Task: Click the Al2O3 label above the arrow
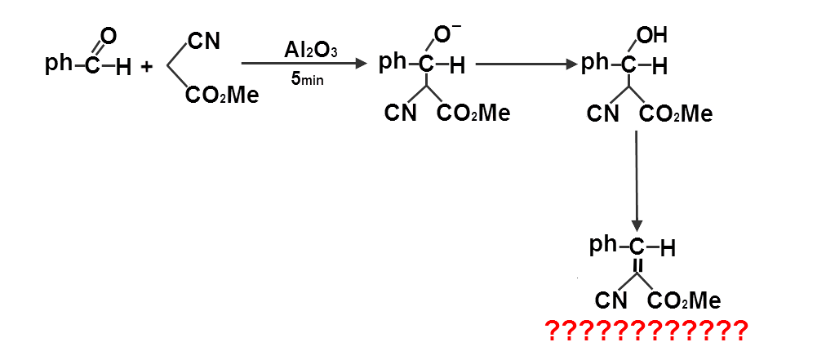(x=310, y=50)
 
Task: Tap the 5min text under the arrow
(x=309, y=82)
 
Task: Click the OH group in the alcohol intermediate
(x=651, y=35)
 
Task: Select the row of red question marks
(x=646, y=331)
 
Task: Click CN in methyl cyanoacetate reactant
(x=203, y=41)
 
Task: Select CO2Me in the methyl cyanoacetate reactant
(x=222, y=96)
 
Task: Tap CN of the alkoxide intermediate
(x=401, y=113)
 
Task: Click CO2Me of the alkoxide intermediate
(x=473, y=113)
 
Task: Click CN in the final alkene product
(x=611, y=301)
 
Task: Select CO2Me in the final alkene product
(x=684, y=301)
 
